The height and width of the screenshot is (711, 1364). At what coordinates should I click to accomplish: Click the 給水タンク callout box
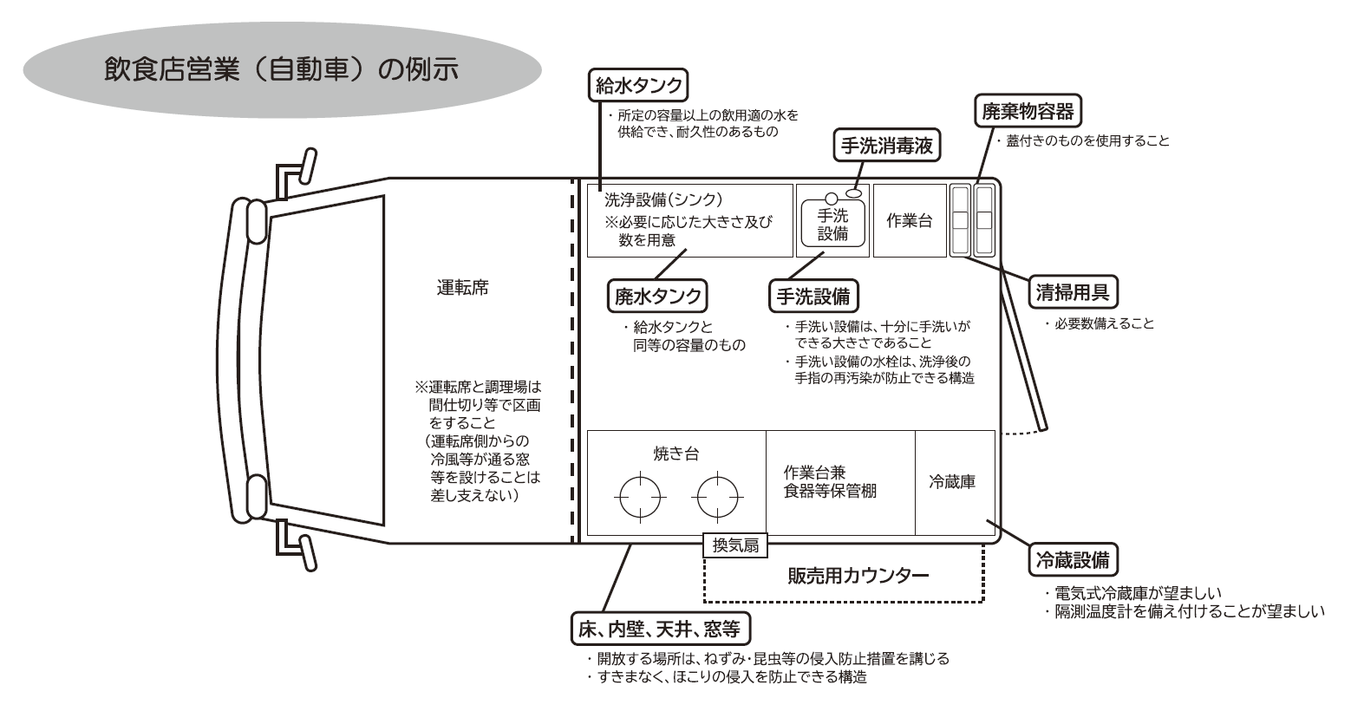(x=638, y=85)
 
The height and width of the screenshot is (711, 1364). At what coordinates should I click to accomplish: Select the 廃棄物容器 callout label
(x=1028, y=111)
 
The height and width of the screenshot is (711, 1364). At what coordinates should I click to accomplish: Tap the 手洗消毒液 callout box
(x=886, y=146)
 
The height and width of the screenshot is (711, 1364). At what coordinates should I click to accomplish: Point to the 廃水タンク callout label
(x=657, y=297)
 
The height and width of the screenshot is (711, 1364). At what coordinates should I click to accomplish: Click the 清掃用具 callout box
(x=1073, y=292)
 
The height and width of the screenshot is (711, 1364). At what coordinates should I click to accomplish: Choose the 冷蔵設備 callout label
(x=1073, y=559)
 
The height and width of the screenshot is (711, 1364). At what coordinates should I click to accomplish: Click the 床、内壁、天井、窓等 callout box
(x=660, y=629)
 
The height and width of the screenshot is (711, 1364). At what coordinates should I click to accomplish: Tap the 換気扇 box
(x=735, y=545)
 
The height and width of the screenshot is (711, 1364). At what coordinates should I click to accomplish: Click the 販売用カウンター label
(x=858, y=576)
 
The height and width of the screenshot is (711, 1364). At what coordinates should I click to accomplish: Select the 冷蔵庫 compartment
(x=955, y=483)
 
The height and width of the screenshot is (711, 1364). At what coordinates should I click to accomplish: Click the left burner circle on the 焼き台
(x=640, y=497)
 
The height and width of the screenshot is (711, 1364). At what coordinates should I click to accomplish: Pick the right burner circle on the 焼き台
(x=717, y=497)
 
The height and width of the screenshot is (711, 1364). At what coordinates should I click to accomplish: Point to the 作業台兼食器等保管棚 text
(x=829, y=482)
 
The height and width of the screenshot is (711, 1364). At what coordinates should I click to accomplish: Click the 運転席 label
(x=463, y=288)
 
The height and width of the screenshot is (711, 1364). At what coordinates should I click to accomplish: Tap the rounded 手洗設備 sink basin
(x=832, y=223)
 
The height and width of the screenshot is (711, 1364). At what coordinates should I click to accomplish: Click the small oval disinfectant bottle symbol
(x=854, y=193)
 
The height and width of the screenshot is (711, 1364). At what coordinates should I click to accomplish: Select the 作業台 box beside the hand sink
(x=910, y=220)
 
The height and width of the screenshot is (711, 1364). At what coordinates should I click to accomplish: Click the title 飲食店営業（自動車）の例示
(x=281, y=69)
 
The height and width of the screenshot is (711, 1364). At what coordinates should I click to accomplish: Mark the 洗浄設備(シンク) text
(x=663, y=199)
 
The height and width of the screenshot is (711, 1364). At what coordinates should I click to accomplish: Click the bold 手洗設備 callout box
(x=813, y=297)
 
